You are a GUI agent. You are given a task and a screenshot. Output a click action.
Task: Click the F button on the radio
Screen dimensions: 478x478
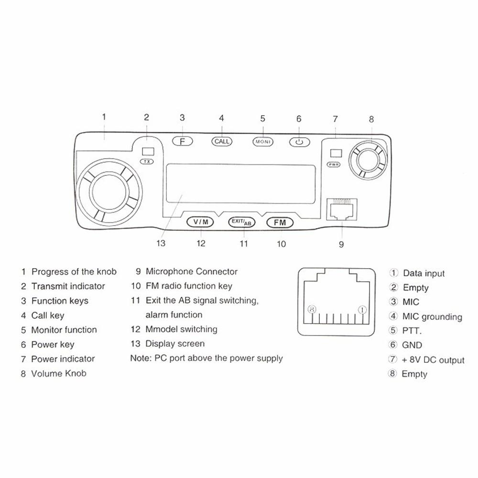pos(182,141)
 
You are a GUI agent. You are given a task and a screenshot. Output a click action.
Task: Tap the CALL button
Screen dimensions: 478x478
pos(221,141)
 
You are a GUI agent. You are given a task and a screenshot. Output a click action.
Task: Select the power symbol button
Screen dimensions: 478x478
pos(299,142)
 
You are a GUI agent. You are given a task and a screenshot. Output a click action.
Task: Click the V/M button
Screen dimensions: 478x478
pos(201,222)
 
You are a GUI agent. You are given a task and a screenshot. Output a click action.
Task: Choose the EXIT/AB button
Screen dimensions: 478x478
pos(242,222)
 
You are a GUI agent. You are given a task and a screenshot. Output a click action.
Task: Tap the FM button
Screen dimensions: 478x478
pos(280,222)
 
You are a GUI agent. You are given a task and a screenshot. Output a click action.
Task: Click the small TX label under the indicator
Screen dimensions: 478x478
pos(147,162)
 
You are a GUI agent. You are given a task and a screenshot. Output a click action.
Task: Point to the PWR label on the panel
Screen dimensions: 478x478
pos(333,164)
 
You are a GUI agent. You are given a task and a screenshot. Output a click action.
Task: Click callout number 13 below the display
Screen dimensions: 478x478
pos(161,243)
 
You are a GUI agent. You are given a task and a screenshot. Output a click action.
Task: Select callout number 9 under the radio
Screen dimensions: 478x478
pos(341,244)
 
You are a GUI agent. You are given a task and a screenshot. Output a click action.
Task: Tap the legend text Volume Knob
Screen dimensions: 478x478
pos(59,373)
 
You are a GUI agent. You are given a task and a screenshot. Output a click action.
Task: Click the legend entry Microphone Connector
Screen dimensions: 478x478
pos(191,272)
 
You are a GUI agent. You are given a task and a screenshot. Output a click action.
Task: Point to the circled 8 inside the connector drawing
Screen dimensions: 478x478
pos(313,310)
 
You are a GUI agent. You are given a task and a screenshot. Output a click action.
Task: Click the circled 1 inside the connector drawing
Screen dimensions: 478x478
pos(362,310)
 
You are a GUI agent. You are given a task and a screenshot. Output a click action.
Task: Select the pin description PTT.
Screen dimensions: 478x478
pos(412,331)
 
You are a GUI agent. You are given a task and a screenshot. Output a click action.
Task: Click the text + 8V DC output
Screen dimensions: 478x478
pos(433,359)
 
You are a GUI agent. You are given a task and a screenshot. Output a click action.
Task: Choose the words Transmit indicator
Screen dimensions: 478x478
pos(68,286)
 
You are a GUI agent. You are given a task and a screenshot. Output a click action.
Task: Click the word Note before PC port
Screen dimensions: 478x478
pos(140,358)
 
